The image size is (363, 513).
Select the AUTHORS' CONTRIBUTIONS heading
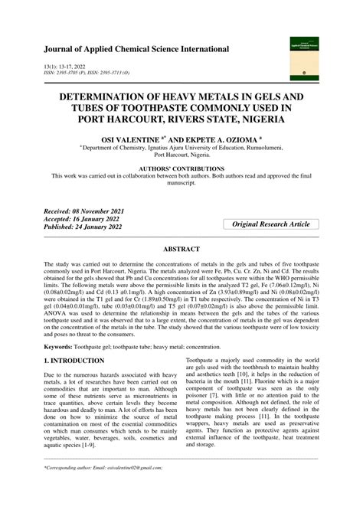181,168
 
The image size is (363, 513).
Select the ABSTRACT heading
181,250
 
